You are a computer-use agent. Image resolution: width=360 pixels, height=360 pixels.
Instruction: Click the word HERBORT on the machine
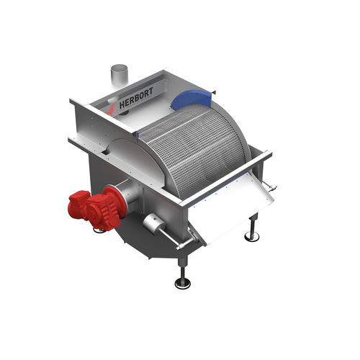(136, 99)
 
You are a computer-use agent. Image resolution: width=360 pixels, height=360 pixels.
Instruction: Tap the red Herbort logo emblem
(111, 110)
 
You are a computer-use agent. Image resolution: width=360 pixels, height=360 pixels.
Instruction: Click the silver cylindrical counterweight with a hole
(154, 223)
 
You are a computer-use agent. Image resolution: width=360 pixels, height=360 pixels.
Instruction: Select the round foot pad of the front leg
(183, 284)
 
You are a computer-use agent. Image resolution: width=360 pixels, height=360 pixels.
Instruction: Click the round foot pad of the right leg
(252, 236)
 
